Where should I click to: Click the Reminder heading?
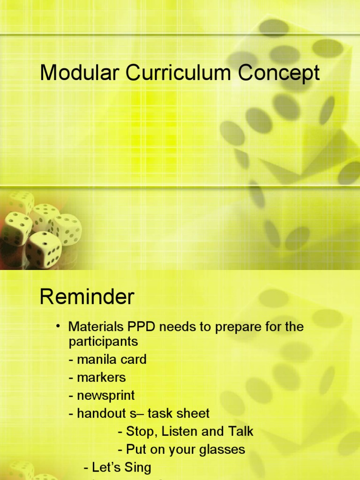pyautogui.click(x=87, y=297)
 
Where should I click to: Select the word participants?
pyautogui.click(x=103, y=342)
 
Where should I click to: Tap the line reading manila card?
pyautogui.click(x=107, y=360)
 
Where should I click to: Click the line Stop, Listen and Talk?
pyautogui.click(x=186, y=431)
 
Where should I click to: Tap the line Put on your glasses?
pyautogui.click(x=181, y=450)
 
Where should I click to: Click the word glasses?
pyautogui.click(x=225, y=450)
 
